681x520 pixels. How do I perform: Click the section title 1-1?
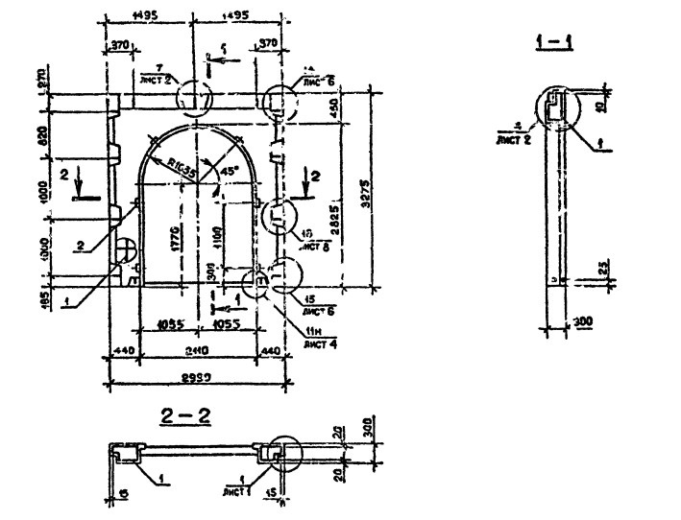(553, 43)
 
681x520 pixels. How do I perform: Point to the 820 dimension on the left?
(42, 137)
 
